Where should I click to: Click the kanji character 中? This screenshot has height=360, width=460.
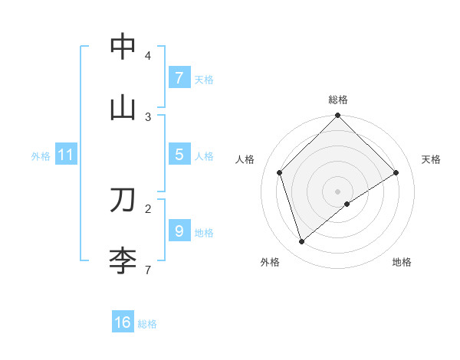point(123,47)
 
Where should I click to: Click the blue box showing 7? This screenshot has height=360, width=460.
point(179,78)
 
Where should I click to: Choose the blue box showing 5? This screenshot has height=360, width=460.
point(179,155)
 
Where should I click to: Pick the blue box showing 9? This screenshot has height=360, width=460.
point(179,231)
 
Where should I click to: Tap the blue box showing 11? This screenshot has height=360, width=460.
point(65,155)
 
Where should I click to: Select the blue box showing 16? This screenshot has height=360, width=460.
point(123,322)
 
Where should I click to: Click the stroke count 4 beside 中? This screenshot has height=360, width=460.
point(148,56)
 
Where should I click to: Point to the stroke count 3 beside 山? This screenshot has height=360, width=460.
point(148,116)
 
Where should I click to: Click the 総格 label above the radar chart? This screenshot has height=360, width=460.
point(337,100)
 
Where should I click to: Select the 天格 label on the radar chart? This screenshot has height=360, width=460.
point(431,159)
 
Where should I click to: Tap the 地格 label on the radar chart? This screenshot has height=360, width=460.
point(402,262)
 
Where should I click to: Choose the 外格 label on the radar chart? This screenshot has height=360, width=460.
point(270,262)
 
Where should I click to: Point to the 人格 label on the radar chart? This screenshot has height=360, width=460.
point(245,159)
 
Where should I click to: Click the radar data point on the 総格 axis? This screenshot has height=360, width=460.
point(337,116)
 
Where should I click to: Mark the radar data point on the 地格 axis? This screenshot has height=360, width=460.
point(347,204)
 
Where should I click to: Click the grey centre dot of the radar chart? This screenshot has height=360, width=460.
point(337,191)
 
